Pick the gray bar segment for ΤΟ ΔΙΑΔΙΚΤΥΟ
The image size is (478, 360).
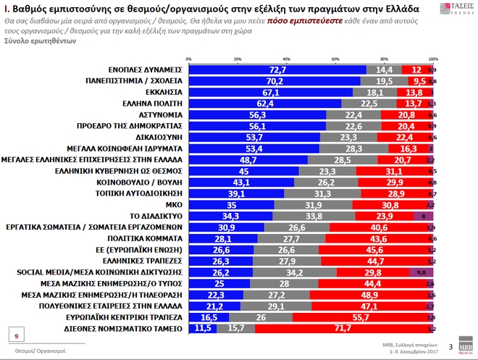click(314, 216)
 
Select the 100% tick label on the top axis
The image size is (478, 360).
click(433, 59)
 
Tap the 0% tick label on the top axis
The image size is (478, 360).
click(189, 59)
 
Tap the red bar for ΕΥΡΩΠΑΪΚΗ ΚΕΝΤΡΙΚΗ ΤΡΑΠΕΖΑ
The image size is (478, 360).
click(359, 317)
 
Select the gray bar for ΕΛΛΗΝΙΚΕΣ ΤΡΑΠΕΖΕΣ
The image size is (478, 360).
click(286, 261)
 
